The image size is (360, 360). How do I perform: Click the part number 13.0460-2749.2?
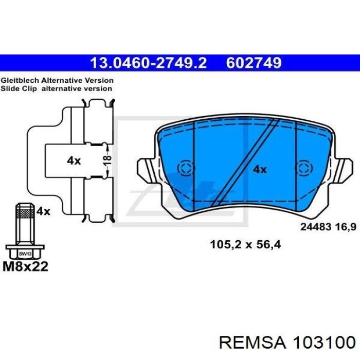[x=149, y=63]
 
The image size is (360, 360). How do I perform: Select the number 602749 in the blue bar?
[x=254, y=63]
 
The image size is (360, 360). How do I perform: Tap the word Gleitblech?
[x=20, y=81]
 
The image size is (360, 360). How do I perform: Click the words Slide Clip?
[x=19, y=88]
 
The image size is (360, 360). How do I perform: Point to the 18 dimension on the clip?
[x=107, y=160]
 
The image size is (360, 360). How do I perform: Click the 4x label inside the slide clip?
[x=74, y=160]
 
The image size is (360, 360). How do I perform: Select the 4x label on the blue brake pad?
[x=260, y=170]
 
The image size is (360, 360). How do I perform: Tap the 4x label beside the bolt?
[x=43, y=211]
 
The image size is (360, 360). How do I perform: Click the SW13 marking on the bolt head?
[x=25, y=254]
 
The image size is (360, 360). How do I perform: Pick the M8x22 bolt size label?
[x=26, y=266]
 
